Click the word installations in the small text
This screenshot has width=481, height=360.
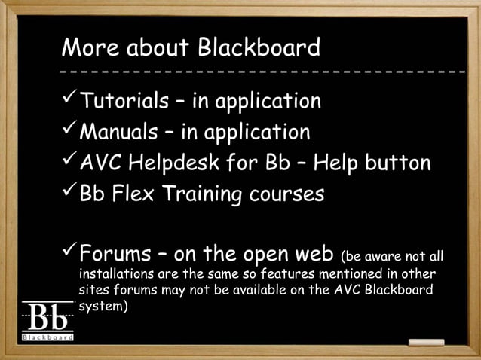115,271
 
